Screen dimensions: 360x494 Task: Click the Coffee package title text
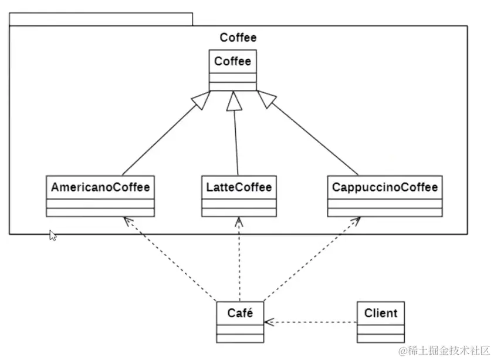(x=238, y=38)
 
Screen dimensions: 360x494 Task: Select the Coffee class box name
(x=232, y=61)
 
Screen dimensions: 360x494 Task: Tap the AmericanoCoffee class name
(x=100, y=187)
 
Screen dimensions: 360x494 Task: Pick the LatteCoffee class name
(x=238, y=187)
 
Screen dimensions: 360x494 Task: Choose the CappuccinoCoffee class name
(x=384, y=187)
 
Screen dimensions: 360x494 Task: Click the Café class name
(x=240, y=312)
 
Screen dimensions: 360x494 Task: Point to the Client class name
(x=380, y=312)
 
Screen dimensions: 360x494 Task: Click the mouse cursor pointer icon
(x=53, y=235)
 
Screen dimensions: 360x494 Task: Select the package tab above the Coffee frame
(x=100, y=18)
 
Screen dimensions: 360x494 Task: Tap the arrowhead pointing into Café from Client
(x=268, y=322)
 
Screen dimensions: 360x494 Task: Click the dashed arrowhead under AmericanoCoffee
(x=126, y=221)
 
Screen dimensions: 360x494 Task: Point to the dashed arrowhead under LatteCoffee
(x=238, y=221)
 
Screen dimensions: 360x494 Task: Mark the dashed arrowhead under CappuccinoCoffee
(x=355, y=221)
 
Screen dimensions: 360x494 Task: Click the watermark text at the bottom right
(x=444, y=351)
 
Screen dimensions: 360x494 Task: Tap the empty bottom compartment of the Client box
(x=380, y=339)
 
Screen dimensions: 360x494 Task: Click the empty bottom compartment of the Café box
(x=240, y=339)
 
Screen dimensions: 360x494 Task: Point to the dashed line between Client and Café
(x=311, y=322)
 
